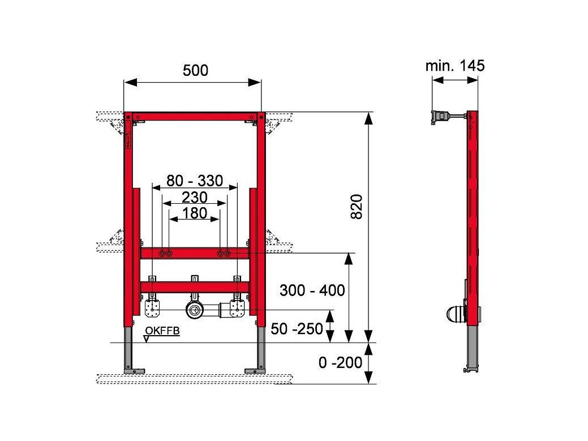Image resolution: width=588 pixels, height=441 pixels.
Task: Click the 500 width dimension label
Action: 195,70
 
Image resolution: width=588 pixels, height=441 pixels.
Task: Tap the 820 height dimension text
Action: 356,207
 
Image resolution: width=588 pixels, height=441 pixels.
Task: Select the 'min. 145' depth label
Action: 455,66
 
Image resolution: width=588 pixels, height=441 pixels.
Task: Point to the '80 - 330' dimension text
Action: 195,181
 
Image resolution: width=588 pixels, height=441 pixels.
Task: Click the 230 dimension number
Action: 195,197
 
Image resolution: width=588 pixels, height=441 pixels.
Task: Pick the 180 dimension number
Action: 195,213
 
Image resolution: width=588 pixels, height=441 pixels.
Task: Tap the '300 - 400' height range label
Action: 312,290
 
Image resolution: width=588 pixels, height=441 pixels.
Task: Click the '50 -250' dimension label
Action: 297,329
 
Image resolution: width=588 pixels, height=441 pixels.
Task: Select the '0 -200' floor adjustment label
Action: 341,363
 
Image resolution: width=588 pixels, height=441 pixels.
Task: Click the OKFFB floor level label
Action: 162,331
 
